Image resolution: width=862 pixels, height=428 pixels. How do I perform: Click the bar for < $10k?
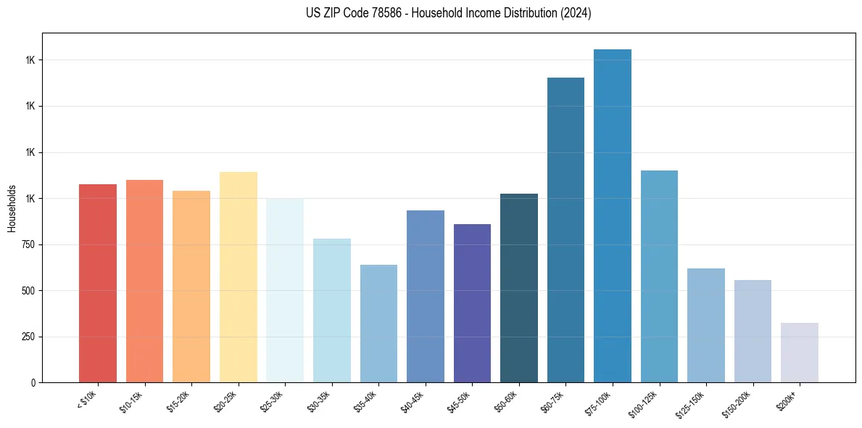98,283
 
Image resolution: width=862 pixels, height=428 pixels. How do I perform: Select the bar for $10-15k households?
144,281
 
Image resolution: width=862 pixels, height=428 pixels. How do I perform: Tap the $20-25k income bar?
239,277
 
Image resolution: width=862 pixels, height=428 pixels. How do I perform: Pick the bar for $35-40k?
378,324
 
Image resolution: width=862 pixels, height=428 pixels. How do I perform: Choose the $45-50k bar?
472,303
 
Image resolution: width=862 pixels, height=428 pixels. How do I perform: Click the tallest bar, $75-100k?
613,215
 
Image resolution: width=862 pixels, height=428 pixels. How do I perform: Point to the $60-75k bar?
565,230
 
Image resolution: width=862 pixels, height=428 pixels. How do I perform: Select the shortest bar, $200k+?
800,353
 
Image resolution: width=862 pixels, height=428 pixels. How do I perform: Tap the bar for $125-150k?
706,325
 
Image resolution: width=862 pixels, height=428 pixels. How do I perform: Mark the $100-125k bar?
659,276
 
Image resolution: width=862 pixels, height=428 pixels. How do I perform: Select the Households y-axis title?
12,208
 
